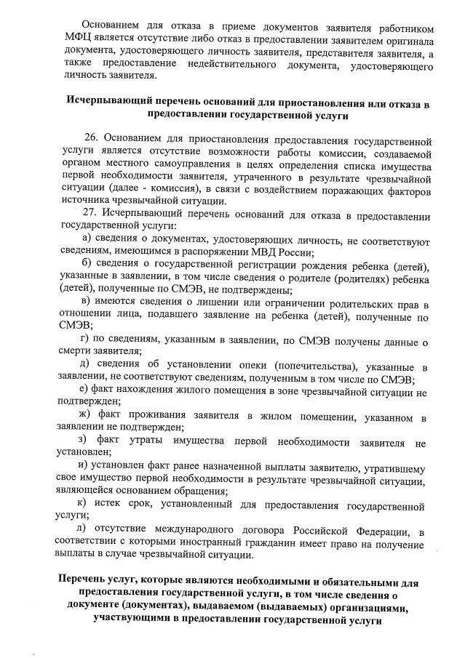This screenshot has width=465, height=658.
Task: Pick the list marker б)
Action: tap(87, 265)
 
